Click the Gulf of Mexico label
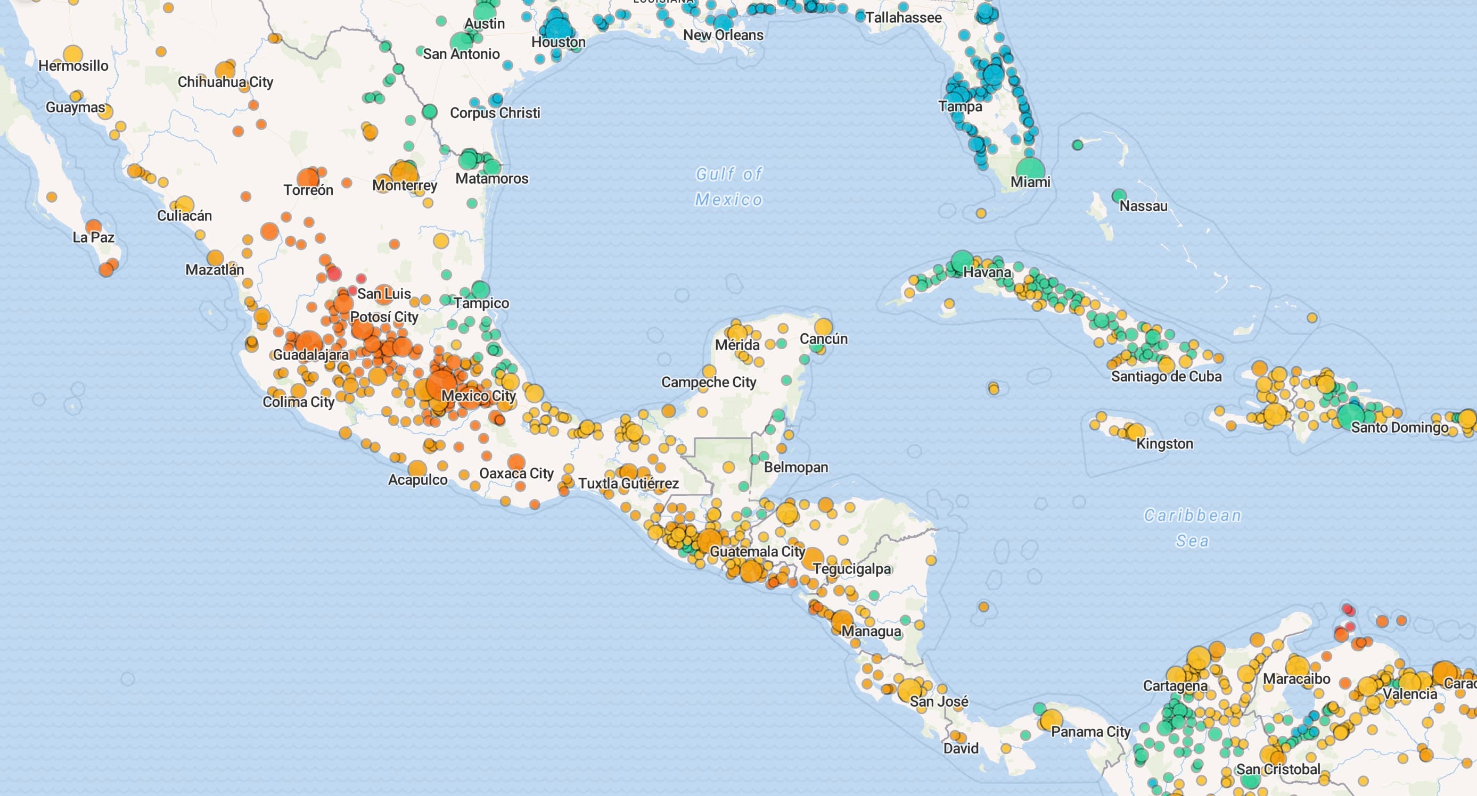[729, 186]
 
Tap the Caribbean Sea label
[1193, 528]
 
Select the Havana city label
[987, 272]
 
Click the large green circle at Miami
[1030, 170]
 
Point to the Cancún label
[823, 339]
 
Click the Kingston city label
[1164, 444]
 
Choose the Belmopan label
[796, 467]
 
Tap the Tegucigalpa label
[851, 569]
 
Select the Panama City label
[1090, 732]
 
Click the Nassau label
[1143, 206]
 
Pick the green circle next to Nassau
[1119, 196]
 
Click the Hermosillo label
[73, 66]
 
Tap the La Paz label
[94, 237]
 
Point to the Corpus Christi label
[495, 113]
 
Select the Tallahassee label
[903, 18]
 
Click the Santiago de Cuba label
[1166, 377]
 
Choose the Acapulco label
[417, 479]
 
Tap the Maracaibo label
[1296, 679]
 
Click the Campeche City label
[709, 382]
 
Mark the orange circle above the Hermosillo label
[73, 54]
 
